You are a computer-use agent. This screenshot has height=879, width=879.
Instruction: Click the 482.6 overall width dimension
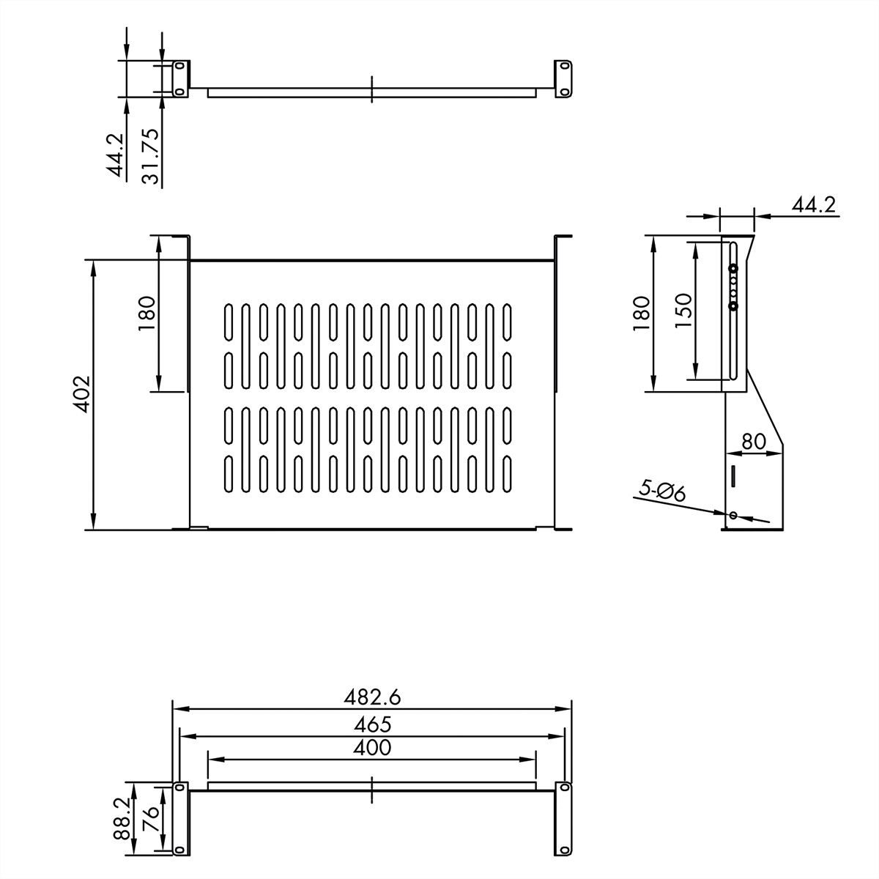(x=372, y=697)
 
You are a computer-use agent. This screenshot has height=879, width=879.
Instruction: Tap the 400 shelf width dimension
(x=372, y=747)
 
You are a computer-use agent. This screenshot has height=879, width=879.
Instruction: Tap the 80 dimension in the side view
(x=754, y=442)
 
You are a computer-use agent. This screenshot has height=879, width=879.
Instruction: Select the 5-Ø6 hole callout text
(x=661, y=490)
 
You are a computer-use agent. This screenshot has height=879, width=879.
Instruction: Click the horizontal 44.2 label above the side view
(x=813, y=204)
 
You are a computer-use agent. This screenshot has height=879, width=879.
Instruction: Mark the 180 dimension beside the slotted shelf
(x=147, y=313)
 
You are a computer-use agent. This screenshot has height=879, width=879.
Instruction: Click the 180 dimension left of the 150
(x=642, y=313)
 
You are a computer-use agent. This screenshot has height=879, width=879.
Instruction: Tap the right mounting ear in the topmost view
(x=563, y=78)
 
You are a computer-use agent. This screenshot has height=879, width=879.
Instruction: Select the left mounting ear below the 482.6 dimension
(x=179, y=817)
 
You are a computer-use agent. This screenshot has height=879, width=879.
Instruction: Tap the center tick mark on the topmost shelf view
(x=372, y=89)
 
